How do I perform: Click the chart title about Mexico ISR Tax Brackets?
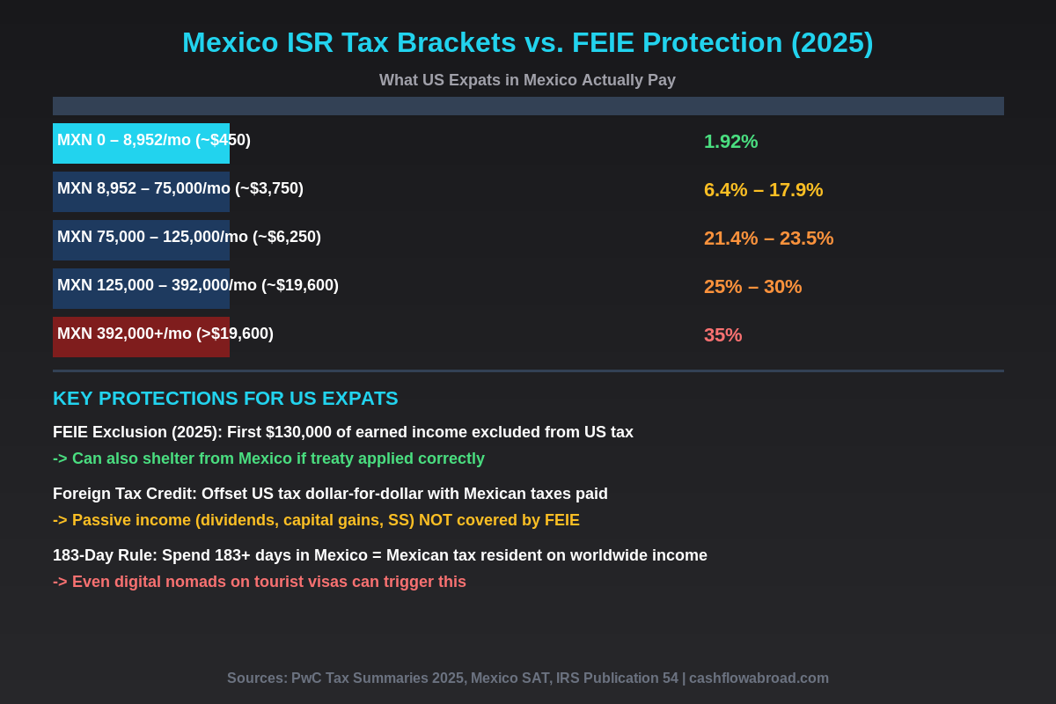pos(527,42)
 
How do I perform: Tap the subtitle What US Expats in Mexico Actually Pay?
pos(527,80)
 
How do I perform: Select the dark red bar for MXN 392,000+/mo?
pos(141,346)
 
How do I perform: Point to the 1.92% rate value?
pos(730,142)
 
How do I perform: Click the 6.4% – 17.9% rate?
pos(763,190)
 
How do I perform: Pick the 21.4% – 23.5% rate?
pos(768,238)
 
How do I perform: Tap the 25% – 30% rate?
pos(752,287)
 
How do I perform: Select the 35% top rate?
pos(722,335)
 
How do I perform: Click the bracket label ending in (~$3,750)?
pos(180,188)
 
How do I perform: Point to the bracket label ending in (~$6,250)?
pos(189,237)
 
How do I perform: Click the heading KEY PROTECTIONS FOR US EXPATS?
pos(225,399)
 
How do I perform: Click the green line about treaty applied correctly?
pos(268,458)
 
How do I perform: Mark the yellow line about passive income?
pos(316,520)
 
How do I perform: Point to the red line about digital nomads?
pos(260,582)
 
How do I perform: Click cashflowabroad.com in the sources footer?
pos(759,678)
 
